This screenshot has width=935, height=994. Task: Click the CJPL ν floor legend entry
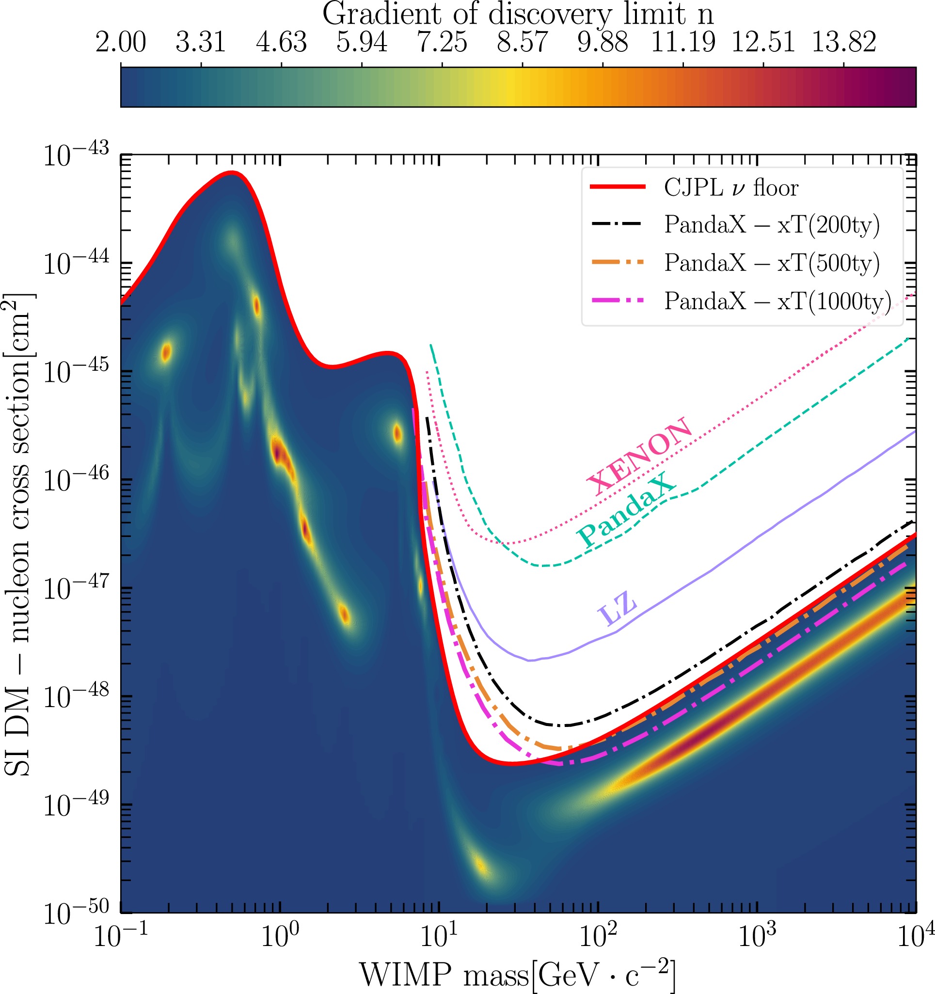[x=730, y=188]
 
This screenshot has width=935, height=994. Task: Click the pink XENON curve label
[x=640, y=456]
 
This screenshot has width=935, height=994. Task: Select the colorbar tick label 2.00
[x=121, y=42]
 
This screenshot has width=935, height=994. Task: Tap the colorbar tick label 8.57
[x=522, y=42]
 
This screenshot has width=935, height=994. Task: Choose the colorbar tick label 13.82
[x=843, y=42]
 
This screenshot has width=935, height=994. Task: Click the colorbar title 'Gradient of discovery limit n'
[x=518, y=14]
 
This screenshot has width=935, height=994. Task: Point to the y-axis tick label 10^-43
[x=76, y=155]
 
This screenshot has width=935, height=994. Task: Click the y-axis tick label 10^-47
[x=76, y=588]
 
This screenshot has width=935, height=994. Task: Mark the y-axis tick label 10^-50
[x=76, y=913]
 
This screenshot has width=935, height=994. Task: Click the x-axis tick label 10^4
[x=915, y=936]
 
